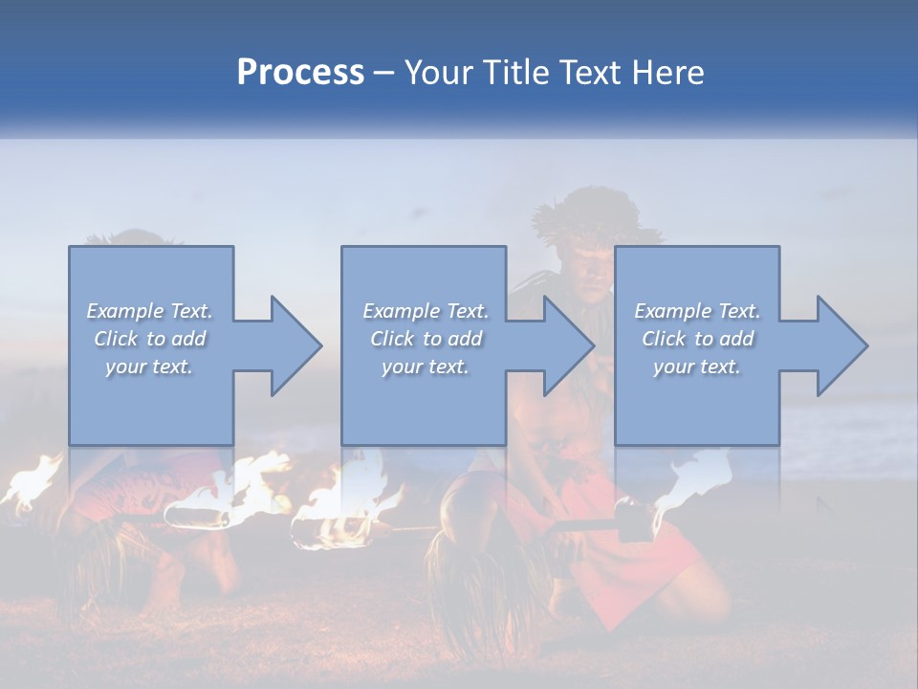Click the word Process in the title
tap(300, 73)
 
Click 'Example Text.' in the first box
tap(149, 311)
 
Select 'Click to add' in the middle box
tap(426, 339)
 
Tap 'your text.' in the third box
tap(697, 367)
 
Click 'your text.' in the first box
tap(149, 367)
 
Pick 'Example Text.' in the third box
tap(697, 311)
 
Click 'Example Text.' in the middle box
tap(426, 311)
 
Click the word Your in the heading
tap(438, 73)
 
